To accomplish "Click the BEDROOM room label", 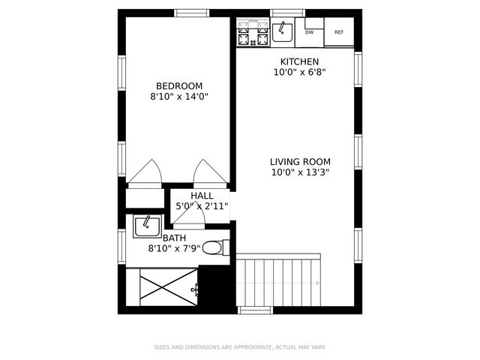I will [179, 85].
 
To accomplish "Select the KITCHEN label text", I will [300, 61].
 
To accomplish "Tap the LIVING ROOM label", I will [300, 161].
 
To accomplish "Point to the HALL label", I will [202, 195].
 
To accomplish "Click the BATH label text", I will [174, 238].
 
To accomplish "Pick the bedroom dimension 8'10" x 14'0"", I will [179, 97].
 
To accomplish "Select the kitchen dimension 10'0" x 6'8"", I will [300, 73].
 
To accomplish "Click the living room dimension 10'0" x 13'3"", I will [300, 172].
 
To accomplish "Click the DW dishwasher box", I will [310, 32].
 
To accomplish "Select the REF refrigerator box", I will [339, 32].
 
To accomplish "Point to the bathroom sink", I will [147, 226].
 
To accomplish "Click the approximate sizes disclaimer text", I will [240, 347].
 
